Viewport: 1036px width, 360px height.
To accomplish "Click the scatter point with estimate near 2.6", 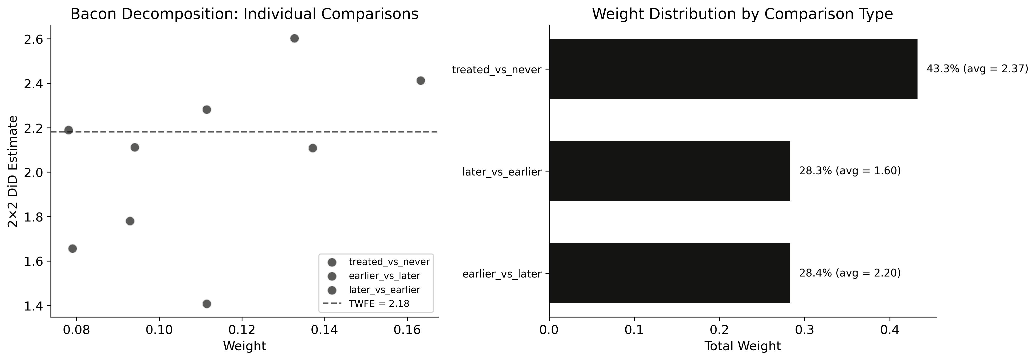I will (294, 38).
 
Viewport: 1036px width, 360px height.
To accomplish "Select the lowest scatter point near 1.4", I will (207, 304).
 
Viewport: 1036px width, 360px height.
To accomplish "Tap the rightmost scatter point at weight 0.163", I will (421, 80).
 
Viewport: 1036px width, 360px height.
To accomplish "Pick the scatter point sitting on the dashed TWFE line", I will (69, 130).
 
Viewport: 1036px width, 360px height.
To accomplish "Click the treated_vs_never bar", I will (733, 69).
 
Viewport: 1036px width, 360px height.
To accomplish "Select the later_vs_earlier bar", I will (669, 171).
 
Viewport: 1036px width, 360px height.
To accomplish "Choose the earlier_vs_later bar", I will (669, 273).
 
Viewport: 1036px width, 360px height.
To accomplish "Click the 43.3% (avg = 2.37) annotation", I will (977, 69).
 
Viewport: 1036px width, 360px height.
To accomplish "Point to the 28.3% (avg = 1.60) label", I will (850, 171).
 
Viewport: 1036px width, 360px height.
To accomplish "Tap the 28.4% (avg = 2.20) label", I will (850, 273).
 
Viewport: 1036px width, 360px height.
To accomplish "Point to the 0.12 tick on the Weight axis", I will (242, 331).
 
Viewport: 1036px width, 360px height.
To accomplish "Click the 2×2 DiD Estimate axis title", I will (13, 171).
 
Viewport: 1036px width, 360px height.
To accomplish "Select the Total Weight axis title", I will (742, 346).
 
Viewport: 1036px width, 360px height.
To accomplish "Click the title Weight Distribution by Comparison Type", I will (742, 14).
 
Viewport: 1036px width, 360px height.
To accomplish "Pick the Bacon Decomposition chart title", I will (244, 14).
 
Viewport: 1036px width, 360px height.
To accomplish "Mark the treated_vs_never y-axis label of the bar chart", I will (497, 69).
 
